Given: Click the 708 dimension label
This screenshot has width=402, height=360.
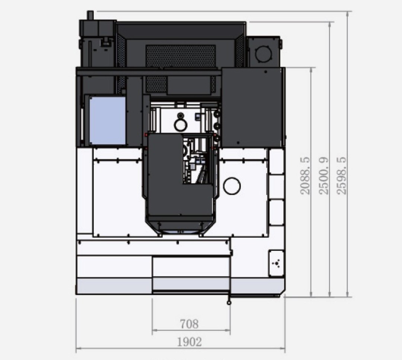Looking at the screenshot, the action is coord(189,324).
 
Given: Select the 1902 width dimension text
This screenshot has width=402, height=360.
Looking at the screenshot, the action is coord(189,342).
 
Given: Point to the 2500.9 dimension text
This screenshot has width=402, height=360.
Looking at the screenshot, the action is coord(323,176).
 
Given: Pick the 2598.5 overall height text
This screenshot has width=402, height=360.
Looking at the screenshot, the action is coord(342,176).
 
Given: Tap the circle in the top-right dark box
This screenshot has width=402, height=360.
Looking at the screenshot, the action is coord(263,53).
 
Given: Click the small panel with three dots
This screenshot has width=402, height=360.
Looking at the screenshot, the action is coord(276,263).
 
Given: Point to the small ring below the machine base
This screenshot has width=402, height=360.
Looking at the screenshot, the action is coord(229,303).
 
